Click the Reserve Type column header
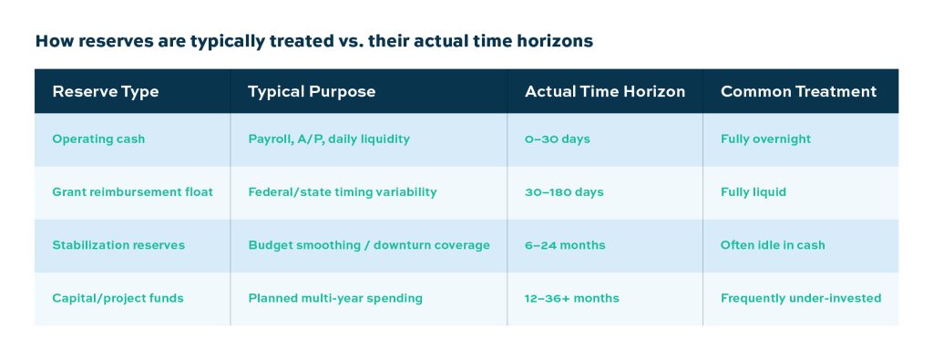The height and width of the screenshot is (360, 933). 106,92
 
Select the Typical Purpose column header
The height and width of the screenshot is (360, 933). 312,92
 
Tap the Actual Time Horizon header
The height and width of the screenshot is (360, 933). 605,92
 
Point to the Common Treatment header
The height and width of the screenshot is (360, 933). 798,92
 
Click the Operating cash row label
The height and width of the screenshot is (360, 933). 98,139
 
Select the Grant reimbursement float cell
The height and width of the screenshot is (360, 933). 133,192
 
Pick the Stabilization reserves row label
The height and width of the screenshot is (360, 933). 118,245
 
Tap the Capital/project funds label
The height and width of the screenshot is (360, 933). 118,298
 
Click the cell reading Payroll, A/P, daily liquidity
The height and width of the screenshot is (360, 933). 329,139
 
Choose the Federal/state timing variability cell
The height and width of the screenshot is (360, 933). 343,192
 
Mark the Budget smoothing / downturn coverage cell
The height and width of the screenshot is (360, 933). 369,245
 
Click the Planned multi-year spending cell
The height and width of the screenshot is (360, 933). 335,298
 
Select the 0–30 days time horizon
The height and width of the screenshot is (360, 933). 558,139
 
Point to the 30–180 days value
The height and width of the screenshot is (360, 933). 564,192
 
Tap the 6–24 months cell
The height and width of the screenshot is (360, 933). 565,245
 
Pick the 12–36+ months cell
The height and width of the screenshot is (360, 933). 572,298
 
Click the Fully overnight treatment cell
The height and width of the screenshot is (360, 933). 765,139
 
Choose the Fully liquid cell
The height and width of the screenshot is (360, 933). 754,192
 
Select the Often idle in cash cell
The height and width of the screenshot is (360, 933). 773,245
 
